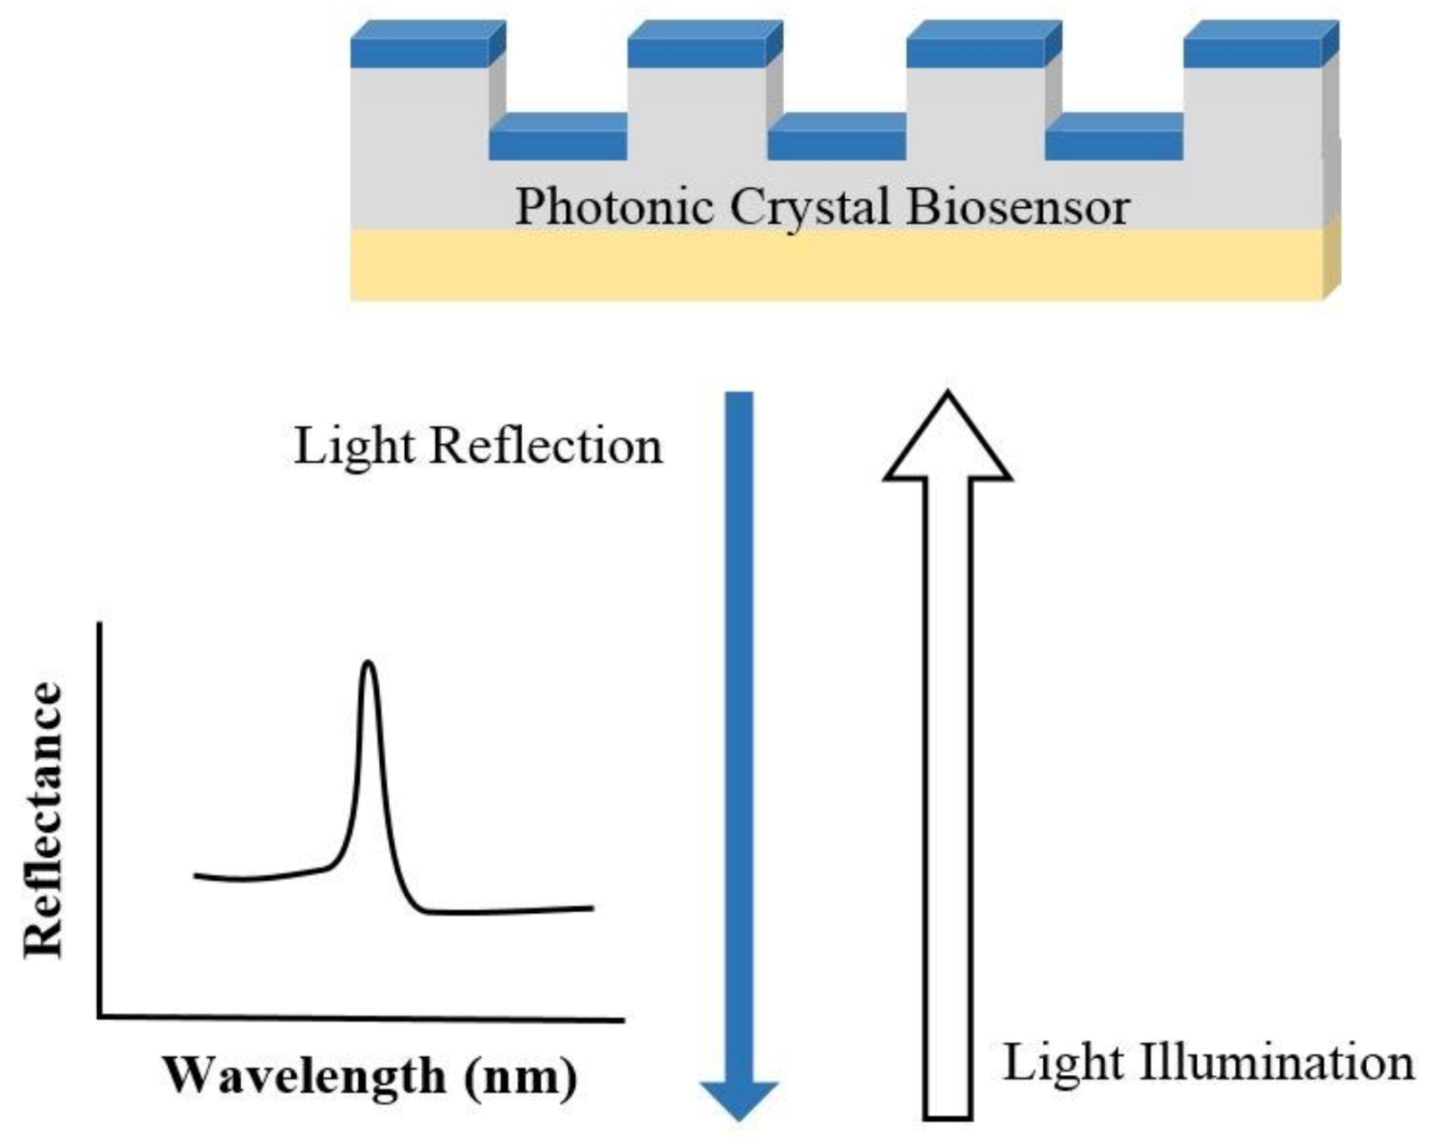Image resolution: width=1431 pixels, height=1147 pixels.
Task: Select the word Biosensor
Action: (1017, 206)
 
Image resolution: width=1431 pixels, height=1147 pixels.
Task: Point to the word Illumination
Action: (1277, 1062)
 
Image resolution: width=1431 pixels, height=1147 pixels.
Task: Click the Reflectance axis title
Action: (45, 820)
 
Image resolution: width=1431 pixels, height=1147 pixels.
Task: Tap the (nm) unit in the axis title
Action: (521, 1077)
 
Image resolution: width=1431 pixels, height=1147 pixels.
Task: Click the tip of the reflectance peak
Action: (368, 664)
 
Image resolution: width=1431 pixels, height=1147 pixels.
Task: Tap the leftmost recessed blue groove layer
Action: (559, 140)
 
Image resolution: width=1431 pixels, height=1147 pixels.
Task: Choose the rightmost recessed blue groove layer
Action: (1114, 140)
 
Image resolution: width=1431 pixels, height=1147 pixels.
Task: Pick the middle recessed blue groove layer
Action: (837, 140)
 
